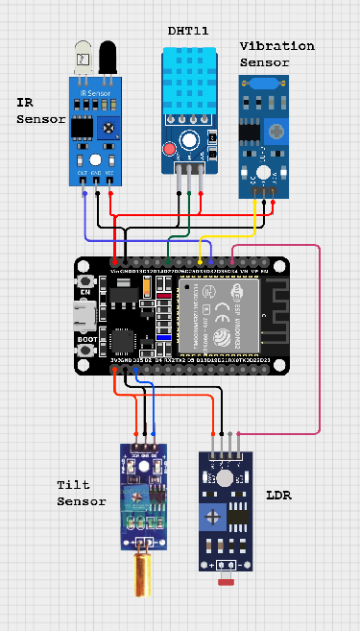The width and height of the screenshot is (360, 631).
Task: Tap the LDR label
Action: [x=277, y=496]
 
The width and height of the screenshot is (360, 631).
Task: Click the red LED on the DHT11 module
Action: [x=170, y=149]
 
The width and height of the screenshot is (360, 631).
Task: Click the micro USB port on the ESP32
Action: [x=84, y=313]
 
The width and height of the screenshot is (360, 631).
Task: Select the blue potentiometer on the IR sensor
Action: [x=110, y=127]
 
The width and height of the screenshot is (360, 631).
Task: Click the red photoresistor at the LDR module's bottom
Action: [x=228, y=582]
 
